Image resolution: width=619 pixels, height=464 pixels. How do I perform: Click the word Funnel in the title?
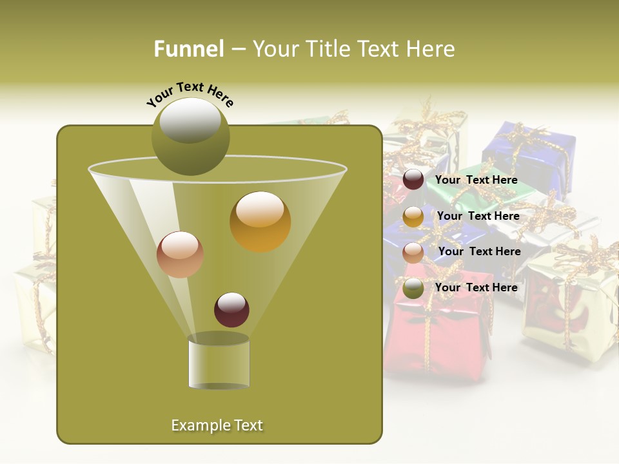point(189,49)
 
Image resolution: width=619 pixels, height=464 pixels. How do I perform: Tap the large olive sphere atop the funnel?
point(191,137)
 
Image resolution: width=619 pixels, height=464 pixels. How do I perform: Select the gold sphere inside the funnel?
point(260,222)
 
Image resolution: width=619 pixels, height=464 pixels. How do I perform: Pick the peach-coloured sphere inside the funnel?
point(181,255)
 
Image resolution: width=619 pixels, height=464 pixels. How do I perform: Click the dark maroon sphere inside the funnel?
point(231,309)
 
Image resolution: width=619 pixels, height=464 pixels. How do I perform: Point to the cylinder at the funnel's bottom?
point(219,362)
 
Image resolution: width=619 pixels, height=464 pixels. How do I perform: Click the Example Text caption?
point(217,425)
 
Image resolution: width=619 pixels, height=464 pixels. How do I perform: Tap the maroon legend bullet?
point(413,180)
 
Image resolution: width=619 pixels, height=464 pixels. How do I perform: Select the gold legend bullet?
point(413,217)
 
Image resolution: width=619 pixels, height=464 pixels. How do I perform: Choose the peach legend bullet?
point(413,252)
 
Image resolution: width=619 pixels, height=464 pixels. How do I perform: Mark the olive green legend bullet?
point(413,288)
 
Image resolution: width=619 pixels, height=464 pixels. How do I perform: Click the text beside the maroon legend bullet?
point(477,180)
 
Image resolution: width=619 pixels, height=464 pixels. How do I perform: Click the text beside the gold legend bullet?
point(478,217)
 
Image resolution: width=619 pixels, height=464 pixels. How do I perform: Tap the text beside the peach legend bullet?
point(479,251)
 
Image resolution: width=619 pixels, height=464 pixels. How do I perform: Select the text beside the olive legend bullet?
point(477,287)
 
